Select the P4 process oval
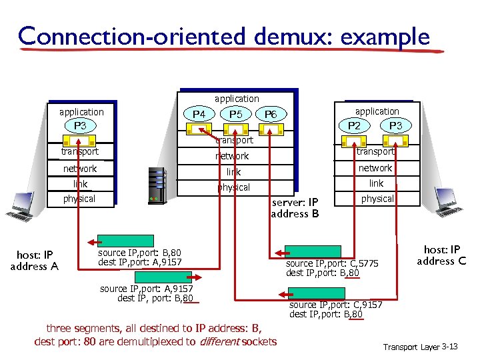click(x=199, y=114)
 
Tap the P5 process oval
click(x=235, y=114)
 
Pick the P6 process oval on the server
click(x=271, y=115)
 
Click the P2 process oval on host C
click(x=358, y=126)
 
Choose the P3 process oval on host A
click(x=80, y=126)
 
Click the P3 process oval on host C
click(x=395, y=126)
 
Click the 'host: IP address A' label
click(x=34, y=260)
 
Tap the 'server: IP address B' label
click(x=295, y=207)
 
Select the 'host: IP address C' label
click(x=441, y=255)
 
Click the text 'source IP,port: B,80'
click(x=139, y=253)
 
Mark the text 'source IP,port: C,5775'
click(x=331, y=263)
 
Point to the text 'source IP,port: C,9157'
click(x=335, y=305)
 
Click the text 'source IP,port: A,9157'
click(x=146, y=289)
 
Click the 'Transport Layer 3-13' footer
click(x=420, y=347)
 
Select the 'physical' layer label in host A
click(x=79, y=199)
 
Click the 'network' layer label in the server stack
click(x=231, y=156)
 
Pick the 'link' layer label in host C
click(x=377, y=183)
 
